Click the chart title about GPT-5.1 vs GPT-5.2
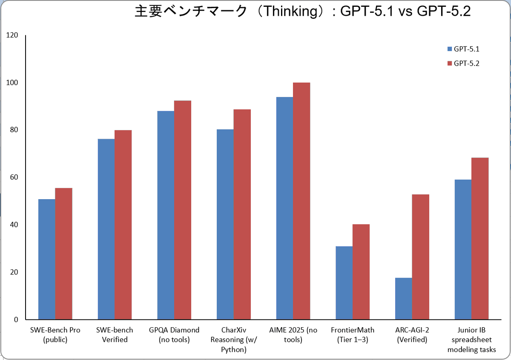pyautogui.click(x=302, y=11)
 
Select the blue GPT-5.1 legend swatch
pyautogui.click(x=450, y=49)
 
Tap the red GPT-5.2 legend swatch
pyautogui.click(x=450, y=63)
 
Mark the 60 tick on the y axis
pyautogui.click(x=14, y=177)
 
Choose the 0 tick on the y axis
pyautogui.click(x=16, y=320)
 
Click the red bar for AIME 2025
pyautogui.click(x=301, y=201)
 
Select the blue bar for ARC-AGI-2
pyautogui.click(x=403, y=298)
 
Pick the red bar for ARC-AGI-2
pyautogui.click(x=420, y=257)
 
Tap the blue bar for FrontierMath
pyautogui.click(x=344, y=283)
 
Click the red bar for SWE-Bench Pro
pyautogui.click(x=63, y=254)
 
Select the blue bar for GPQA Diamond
pyautogui.click(x=166, y=215)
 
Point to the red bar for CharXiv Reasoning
pyautogui.click(x=242, y=214)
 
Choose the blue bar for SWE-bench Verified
pyautogui.click(x=106, y=229)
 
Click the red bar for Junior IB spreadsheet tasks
pyautogui.click(x=480, y=238)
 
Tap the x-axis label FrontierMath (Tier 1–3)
pyautogui.click(x=353, y=335)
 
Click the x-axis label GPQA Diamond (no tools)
pyautogui.click(x=174, y=335)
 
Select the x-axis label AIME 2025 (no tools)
pyautogui.click(x=293, y=335)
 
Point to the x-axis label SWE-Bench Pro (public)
pyautogui.click(x=55, y=335)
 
